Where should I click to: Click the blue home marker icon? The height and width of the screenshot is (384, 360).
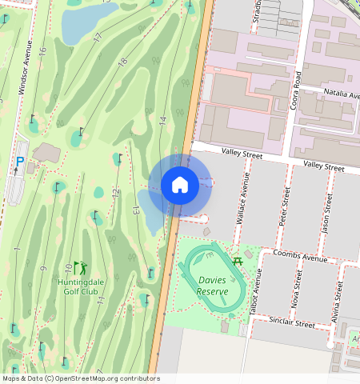[180, 185]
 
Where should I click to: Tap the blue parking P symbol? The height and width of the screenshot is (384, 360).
[20, 161]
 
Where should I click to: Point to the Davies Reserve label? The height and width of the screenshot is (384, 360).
[213, 286]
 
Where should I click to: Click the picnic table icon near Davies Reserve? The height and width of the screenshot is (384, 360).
[237, 259]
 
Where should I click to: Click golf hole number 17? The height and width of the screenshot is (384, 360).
[98, 38]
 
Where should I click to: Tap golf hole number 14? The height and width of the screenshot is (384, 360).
[162, 121]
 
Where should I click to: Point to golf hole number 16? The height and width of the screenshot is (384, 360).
[42, 50]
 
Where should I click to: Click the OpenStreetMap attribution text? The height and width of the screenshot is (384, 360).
[80, 378]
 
